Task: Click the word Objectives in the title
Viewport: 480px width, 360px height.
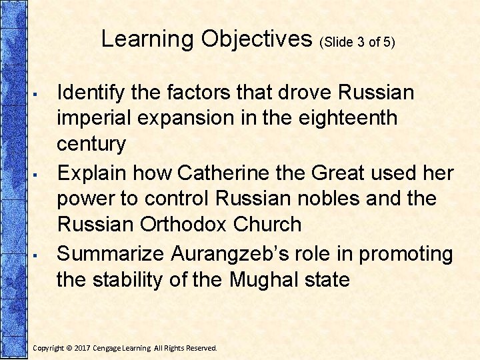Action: [257, 39]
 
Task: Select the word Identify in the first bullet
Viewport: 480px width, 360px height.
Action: [94, 92]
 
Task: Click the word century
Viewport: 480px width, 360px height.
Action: [91, 144]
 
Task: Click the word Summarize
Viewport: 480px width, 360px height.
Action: [111, 253]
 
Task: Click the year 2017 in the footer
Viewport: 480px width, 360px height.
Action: [83, 348]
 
